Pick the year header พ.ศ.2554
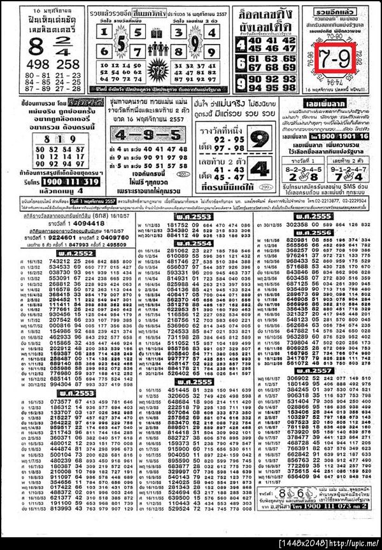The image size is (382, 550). [x=192, y=243]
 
